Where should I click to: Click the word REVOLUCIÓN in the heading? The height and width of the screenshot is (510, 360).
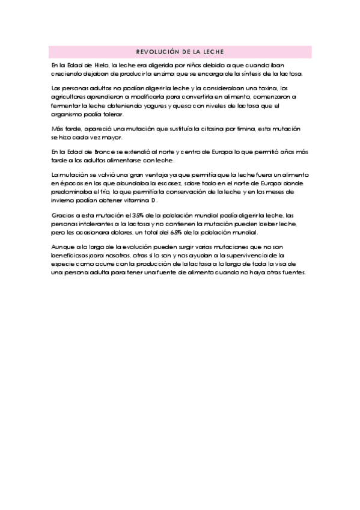click(157, 51)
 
